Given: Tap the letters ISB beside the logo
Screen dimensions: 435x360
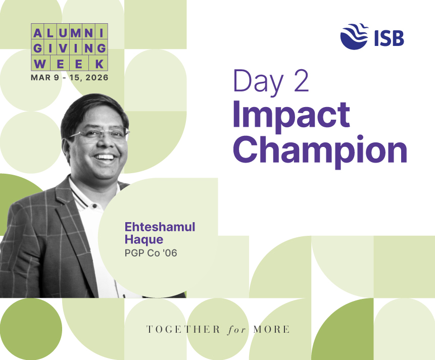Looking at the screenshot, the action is pyautogui.click(x=389, y=38).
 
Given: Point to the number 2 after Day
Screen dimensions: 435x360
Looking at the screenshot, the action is pyautogui.click(x=301, y=80).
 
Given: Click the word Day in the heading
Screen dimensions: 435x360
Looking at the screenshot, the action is pyautogui.click(x=258, y=83).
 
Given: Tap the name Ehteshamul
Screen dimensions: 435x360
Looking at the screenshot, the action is pyautogui.click(x=160, y=227).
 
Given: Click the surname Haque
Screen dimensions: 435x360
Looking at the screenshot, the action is pyautogui.click(x=143, y=240).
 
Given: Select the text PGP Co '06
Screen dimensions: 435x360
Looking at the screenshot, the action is pyautogui.click(x=151, y=253).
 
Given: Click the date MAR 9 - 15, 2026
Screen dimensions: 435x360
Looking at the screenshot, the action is pyautogui.click(x=69, y=77).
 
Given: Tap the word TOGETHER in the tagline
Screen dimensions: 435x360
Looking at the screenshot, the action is pyautogui.click(x=183, y=329).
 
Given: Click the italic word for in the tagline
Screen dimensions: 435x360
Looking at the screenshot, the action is pyautogui.click(x=236, y=330).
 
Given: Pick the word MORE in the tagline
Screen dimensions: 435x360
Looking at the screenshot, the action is pyautogui.click(x=271, y=329).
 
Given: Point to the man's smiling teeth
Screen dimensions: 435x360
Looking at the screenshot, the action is pyautogui.click(x=104, y=157).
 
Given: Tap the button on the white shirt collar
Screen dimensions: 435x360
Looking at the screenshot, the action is pyautogui.click(x=94, y=206).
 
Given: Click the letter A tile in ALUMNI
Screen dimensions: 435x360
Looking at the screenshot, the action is pyautogui.click(x=37, y=33).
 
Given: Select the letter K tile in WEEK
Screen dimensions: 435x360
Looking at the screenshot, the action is pyautogui.click(x=98, y=64).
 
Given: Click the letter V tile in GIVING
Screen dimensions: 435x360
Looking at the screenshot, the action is pyautogui.click(x=63, y=48).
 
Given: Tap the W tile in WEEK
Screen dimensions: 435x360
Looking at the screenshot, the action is pyautogui.click(x=40, y=64).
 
